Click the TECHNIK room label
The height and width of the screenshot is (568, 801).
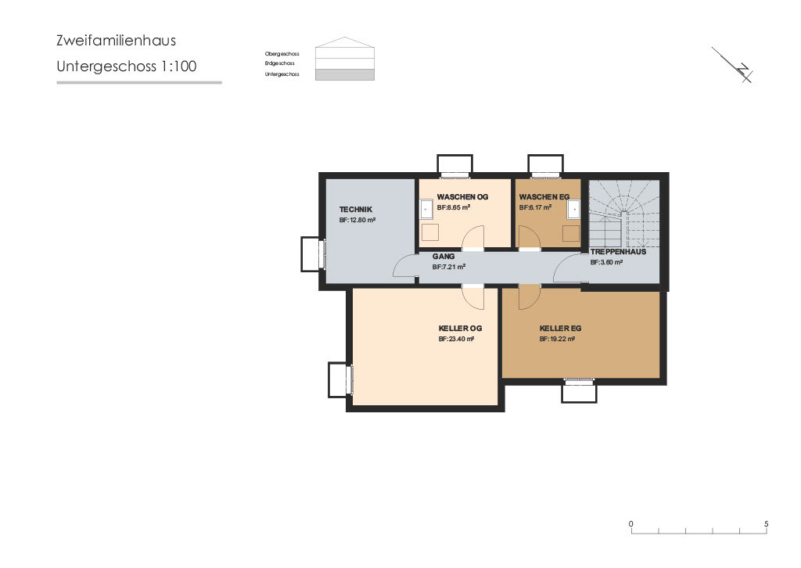point(356,209)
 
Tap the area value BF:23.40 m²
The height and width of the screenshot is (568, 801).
point(458,340)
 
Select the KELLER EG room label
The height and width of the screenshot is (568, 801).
point(560,329)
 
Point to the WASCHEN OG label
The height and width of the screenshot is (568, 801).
point(462,197)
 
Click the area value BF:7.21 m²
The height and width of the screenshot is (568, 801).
point(449,267)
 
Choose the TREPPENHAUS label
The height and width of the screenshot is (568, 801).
point(618,252)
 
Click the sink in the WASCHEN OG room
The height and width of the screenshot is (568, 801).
point(426,209)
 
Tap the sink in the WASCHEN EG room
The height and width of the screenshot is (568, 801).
point(573,209)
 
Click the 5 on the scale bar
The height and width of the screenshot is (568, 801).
point(767,523)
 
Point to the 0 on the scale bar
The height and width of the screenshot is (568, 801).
point(631,523)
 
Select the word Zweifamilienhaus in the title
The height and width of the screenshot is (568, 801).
point(116,41)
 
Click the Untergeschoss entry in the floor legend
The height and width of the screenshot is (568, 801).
point(282,74)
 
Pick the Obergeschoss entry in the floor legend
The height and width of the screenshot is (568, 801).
point(282,54)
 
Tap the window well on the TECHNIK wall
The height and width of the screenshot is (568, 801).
point(312,254)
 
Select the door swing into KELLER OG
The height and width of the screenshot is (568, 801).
point(472,296)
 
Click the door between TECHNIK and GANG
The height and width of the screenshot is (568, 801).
point(406,268)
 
